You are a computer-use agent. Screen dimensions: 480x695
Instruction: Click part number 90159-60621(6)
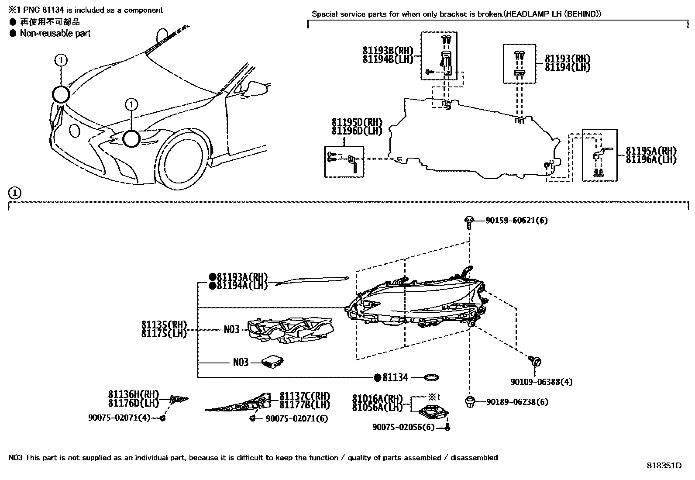click(x=516, y=221)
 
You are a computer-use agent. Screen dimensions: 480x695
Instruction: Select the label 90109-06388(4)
click(x=541, y=382)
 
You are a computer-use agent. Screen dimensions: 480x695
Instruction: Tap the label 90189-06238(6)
click(x=517, y=402)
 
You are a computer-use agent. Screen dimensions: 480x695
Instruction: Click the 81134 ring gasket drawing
click(x=431, y=377)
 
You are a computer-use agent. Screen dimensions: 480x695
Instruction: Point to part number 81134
click(x=395, y=377)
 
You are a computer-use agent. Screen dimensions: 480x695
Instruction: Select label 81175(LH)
click(x=164, y=333)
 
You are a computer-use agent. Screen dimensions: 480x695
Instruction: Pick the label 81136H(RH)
click(x=134, y=394)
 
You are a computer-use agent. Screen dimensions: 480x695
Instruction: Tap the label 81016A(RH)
click(x=377, y=399)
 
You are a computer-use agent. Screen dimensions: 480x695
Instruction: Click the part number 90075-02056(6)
click(x=403, y=427)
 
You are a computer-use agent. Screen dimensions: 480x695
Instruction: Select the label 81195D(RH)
click(x=357, y=123)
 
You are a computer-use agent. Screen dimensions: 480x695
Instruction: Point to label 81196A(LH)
click(x=651, y=160)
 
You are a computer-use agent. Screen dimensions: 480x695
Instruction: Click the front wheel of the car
click(x=183, y=162)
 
